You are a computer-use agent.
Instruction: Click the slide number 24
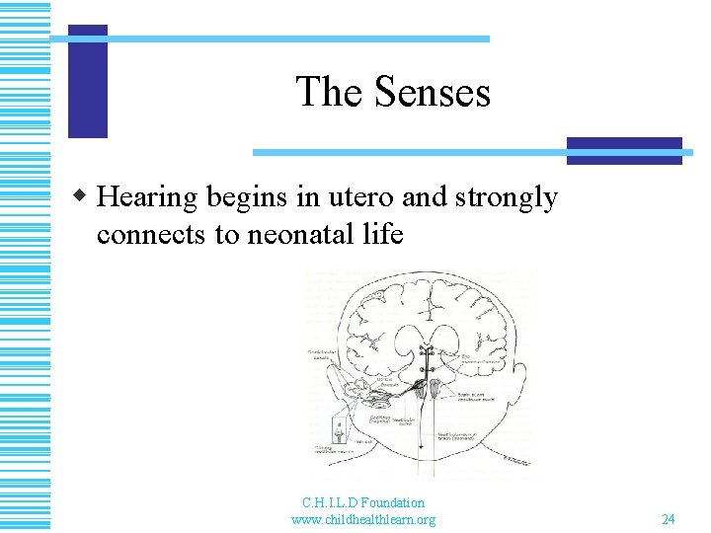coord(668,519)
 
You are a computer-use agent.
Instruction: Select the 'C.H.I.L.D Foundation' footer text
coord(363,503)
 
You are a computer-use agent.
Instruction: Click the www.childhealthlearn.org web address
coord(363,519)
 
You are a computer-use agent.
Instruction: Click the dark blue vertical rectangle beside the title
coord(87,81)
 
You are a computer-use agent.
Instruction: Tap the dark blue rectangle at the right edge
coord(624,150)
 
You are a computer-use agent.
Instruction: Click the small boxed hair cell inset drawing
coord(341,431)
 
